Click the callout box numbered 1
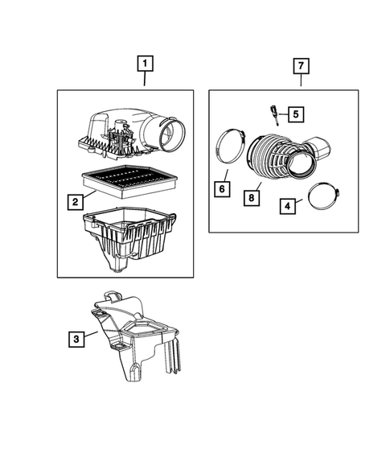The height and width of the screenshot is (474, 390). click(x=145, y=62)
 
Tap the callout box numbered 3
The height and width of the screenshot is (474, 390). click(x=74, y=340)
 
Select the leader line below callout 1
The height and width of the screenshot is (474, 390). click(x=145, y=79)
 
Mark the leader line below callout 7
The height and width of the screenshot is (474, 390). click(x=301, y=79)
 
